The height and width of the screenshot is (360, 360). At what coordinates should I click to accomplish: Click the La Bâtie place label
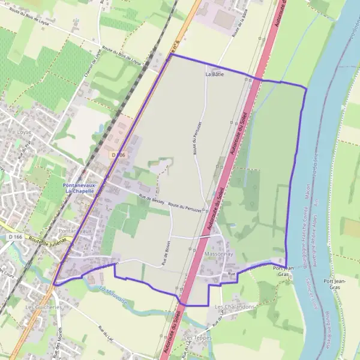tap(214, 74)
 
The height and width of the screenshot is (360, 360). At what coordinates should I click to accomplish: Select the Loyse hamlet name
tap(24, 131)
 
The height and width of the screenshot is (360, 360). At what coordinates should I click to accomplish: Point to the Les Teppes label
tap(198, 338)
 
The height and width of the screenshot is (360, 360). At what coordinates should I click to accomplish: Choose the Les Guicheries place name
tap(44, 307)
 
